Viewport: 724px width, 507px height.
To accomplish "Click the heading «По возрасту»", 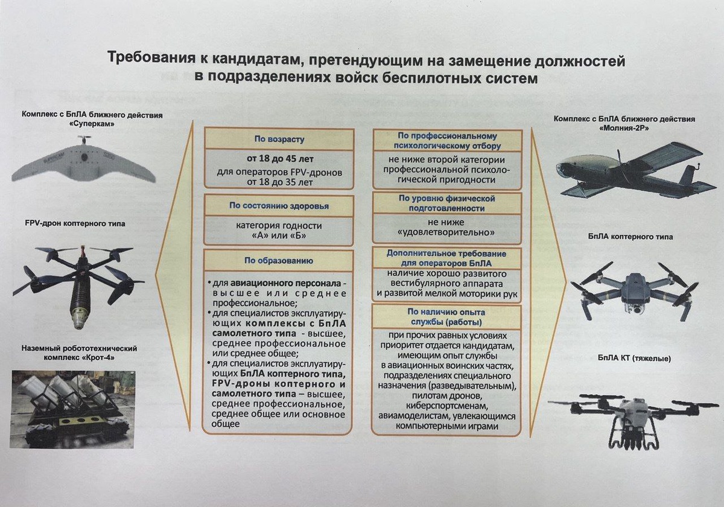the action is point(278,139).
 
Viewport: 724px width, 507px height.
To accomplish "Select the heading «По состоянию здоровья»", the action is point(278,206).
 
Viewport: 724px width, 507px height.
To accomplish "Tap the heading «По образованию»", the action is point(278,261).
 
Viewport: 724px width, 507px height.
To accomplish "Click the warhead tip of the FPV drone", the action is point(78,324).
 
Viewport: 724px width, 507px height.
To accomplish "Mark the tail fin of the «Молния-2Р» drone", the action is point(688,176).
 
